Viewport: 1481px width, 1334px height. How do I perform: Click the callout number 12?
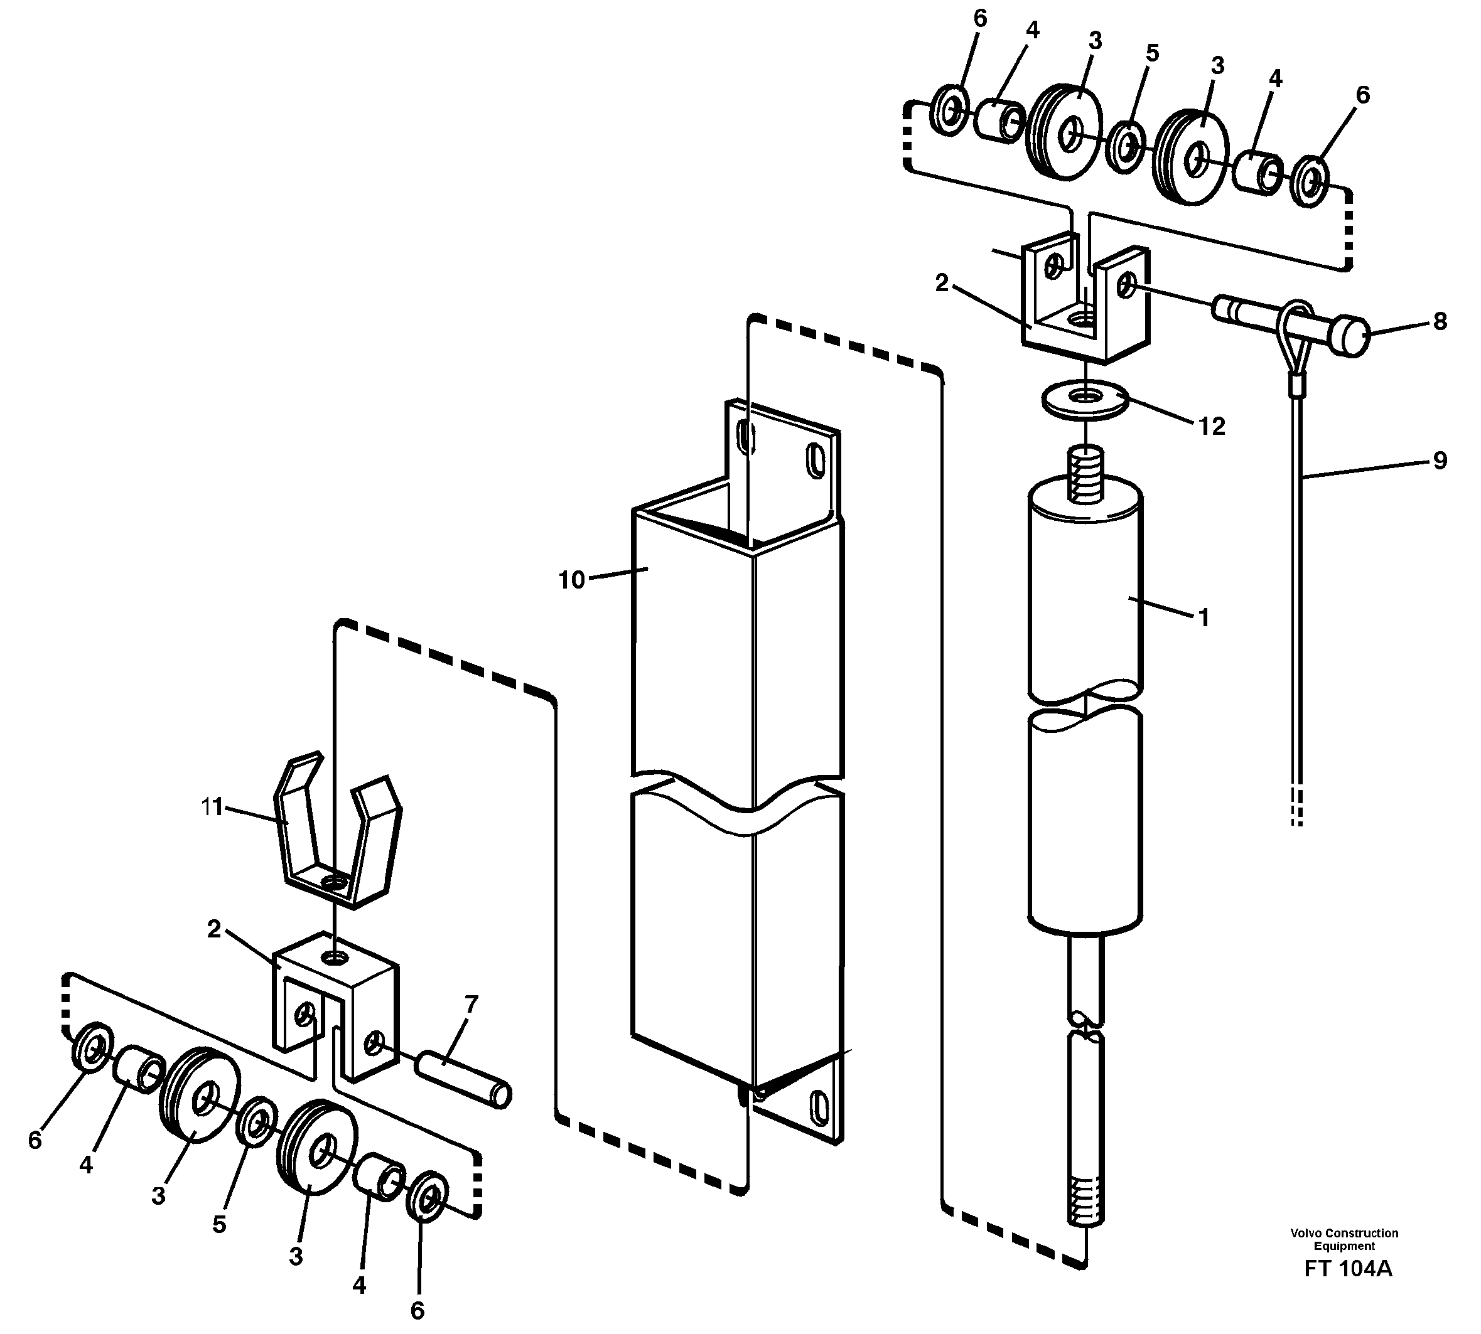[x=1212, y=426]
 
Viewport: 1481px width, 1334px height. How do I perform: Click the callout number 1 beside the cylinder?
[x=1203, y=617]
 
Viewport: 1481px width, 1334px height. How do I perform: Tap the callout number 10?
[x=572, y=580]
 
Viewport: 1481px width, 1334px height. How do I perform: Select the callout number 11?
[x=212, y=807]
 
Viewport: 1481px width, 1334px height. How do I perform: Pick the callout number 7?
[x=471, y=1004]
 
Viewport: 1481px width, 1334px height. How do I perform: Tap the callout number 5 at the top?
[x=1152, y=53]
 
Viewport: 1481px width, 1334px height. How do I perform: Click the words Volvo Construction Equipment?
[x=1344, y=1239]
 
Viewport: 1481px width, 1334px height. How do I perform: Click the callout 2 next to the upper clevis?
[x=942, y=283]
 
